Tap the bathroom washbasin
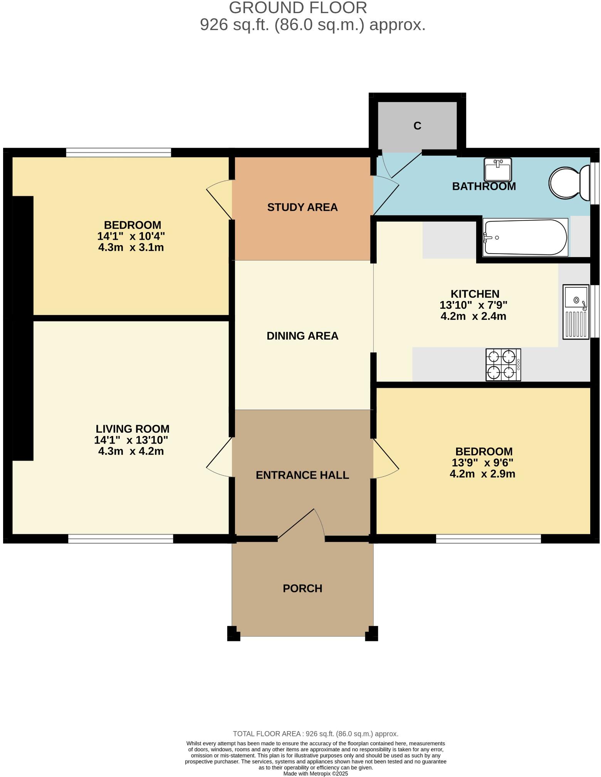[498, 170]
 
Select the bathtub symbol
[525, 237]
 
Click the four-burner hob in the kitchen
[503, 365]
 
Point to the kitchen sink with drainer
[576, 312]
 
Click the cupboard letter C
[417, 126]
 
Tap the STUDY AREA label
[302, 207]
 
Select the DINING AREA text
[302, 336]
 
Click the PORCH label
[302, 589]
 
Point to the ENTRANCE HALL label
[302, 475]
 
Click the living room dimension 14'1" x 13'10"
[131, 440]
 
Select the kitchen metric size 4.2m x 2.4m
[473, 316]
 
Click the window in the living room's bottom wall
[121, 539]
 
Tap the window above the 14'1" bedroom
[118, 153]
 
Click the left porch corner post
[233, 634]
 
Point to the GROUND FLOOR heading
[298, 8]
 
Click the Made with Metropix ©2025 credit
[316, 774]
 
